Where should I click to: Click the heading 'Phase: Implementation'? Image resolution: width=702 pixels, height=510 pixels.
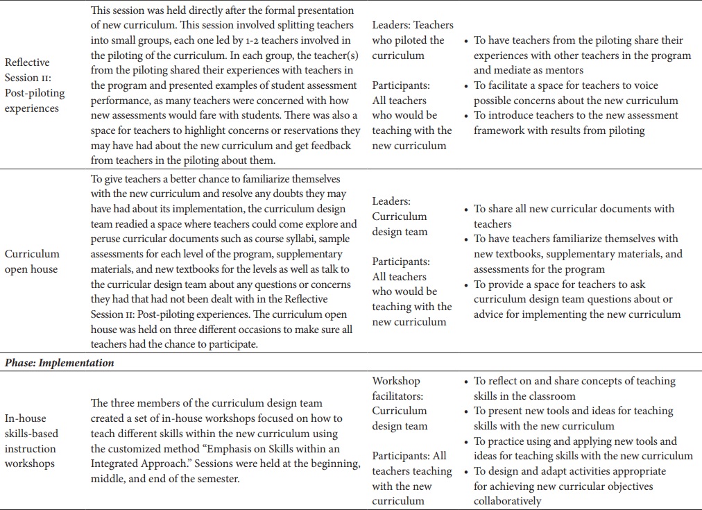pos(59,363)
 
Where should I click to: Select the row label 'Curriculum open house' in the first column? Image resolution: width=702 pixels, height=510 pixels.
pos(32,262)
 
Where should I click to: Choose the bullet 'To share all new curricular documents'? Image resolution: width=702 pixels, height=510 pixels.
pos(574,209)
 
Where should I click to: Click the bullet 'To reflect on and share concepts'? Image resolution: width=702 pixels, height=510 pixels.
pos(574,381)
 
